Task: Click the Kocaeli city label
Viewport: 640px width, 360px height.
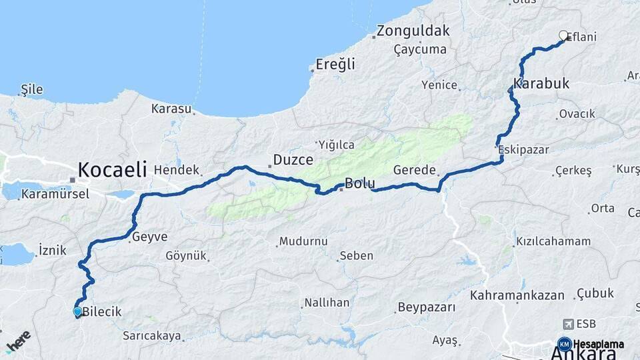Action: [x=112, y=169]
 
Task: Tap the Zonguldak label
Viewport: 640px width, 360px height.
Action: [x=413, y=31]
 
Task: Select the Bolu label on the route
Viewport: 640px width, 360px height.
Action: [x=359, y=183]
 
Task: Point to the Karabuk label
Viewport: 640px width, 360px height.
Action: [x=541, y=84]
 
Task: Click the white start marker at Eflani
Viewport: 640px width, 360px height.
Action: [x=563, y=35]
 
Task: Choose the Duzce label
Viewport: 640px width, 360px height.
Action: [x=293, y=160]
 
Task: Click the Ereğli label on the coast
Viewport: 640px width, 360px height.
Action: [x=335, y=65]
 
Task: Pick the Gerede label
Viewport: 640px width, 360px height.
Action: [x=414, y=170]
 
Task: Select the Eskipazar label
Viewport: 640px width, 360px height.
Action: [x=524, y=149]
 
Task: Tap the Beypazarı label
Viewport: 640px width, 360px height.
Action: [x=426, y=307]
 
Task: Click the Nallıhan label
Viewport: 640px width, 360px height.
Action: [x=327, y=303]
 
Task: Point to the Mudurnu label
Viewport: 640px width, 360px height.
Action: [x=303, y=241]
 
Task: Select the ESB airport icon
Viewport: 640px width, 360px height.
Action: [x=569, y=324]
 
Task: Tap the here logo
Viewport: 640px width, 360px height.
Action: [x=18, y=341]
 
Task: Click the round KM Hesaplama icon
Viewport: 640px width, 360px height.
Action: [x=564, y=344]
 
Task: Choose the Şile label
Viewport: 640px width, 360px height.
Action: [x=32, y=89]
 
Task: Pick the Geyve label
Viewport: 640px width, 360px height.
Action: [x=149, y=237]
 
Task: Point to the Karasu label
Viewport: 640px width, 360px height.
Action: [x=171, y=108]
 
